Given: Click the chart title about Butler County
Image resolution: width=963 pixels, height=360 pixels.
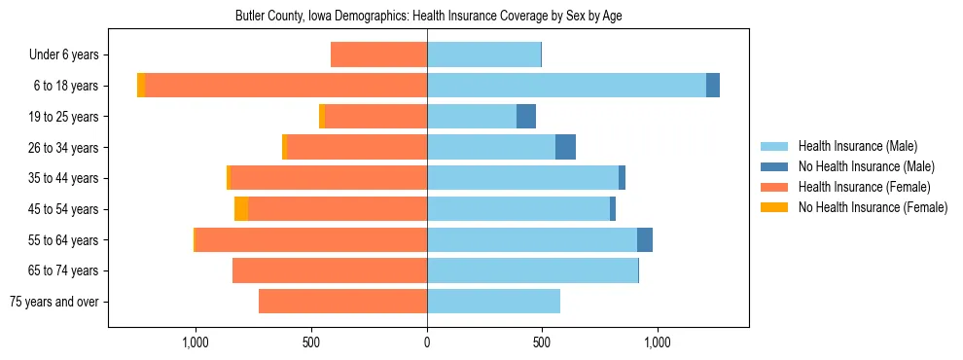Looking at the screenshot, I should (x=427, y=17).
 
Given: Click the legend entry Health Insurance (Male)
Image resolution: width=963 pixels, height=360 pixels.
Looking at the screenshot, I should (x=857, y=146).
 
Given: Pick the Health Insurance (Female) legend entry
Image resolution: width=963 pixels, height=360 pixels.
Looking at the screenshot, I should (x=864, y=187).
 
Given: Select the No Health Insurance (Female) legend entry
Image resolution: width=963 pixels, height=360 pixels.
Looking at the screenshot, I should (x=873, y=207).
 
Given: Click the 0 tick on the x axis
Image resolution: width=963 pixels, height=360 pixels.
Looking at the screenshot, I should (x=427, y=342).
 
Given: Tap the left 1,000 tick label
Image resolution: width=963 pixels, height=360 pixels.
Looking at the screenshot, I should (x=196, y=342).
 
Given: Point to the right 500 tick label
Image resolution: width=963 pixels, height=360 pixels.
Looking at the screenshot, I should (x=542, y=342).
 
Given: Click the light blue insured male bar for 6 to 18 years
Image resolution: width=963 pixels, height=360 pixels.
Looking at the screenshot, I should (x=566, y=86).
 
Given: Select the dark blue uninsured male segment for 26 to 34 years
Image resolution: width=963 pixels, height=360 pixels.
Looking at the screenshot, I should (x=565, y=147).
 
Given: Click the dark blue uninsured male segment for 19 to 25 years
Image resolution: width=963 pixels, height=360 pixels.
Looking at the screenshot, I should (x=526, y=117).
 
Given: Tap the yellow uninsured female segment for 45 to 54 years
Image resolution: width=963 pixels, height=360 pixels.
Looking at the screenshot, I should (x=241, y=209).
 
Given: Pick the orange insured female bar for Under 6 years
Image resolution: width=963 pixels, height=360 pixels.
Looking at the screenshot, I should (x=379, y=54).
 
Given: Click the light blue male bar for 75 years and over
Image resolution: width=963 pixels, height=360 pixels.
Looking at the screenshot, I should (x=493, y=302).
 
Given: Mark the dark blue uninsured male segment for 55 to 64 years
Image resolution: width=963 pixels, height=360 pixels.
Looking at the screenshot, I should (x=645, y=240).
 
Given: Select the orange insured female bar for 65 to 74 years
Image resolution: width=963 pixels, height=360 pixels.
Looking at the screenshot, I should (x=330, y=270).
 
